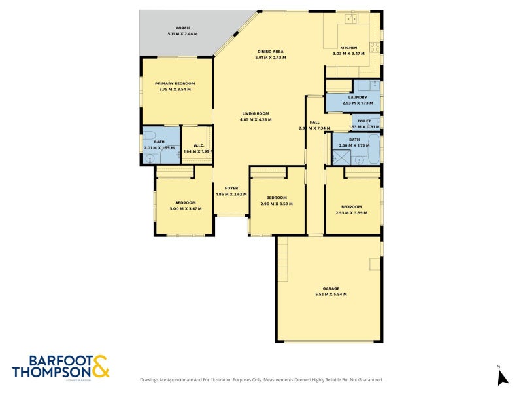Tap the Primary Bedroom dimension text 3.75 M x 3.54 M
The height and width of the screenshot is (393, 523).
point(175,89)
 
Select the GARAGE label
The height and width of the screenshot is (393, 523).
point(331,288)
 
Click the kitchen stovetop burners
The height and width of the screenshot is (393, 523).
point(375,47)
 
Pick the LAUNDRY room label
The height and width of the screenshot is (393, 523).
point(358,98)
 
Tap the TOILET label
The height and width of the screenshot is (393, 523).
point(364,121)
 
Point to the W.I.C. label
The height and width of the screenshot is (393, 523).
point(197,145)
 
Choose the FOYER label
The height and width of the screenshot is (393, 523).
point(231,189)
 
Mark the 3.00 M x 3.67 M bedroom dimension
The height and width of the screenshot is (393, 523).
point(186,208)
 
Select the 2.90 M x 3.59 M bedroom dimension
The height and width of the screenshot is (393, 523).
point(277,204)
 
